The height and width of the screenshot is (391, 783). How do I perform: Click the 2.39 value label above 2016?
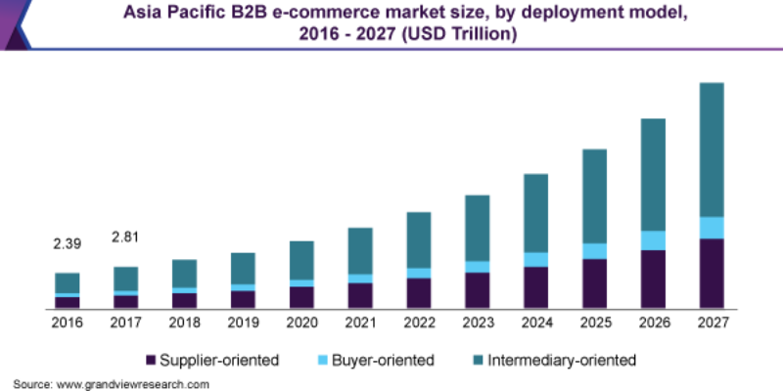(x=68, y=242)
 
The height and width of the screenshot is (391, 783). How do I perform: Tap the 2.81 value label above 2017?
(x=126, y=237)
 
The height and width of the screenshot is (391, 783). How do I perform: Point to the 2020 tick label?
(x=301, y=323)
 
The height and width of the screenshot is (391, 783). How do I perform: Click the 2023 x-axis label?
(x=477, y=323)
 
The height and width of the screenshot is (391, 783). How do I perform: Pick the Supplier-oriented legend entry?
(x=211, y=361)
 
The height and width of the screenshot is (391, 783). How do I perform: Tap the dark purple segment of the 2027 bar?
(x=712, y=274)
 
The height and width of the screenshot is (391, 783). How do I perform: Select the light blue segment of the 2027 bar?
(x=712, y=228)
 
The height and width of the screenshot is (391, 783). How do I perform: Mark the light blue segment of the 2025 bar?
(x=594, y=251)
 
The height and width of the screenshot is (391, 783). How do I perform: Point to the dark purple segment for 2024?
(x=535, y=287)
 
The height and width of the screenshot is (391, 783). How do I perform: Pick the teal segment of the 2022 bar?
(x=419, y=239)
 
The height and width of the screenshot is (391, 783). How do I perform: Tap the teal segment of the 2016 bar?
(x=68, y=282)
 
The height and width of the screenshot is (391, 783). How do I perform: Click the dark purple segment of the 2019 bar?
(x=243, y=299)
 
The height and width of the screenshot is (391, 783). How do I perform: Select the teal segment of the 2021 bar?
(x=360, y=250)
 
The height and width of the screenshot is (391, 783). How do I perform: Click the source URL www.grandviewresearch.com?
(x=133, y=384)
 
